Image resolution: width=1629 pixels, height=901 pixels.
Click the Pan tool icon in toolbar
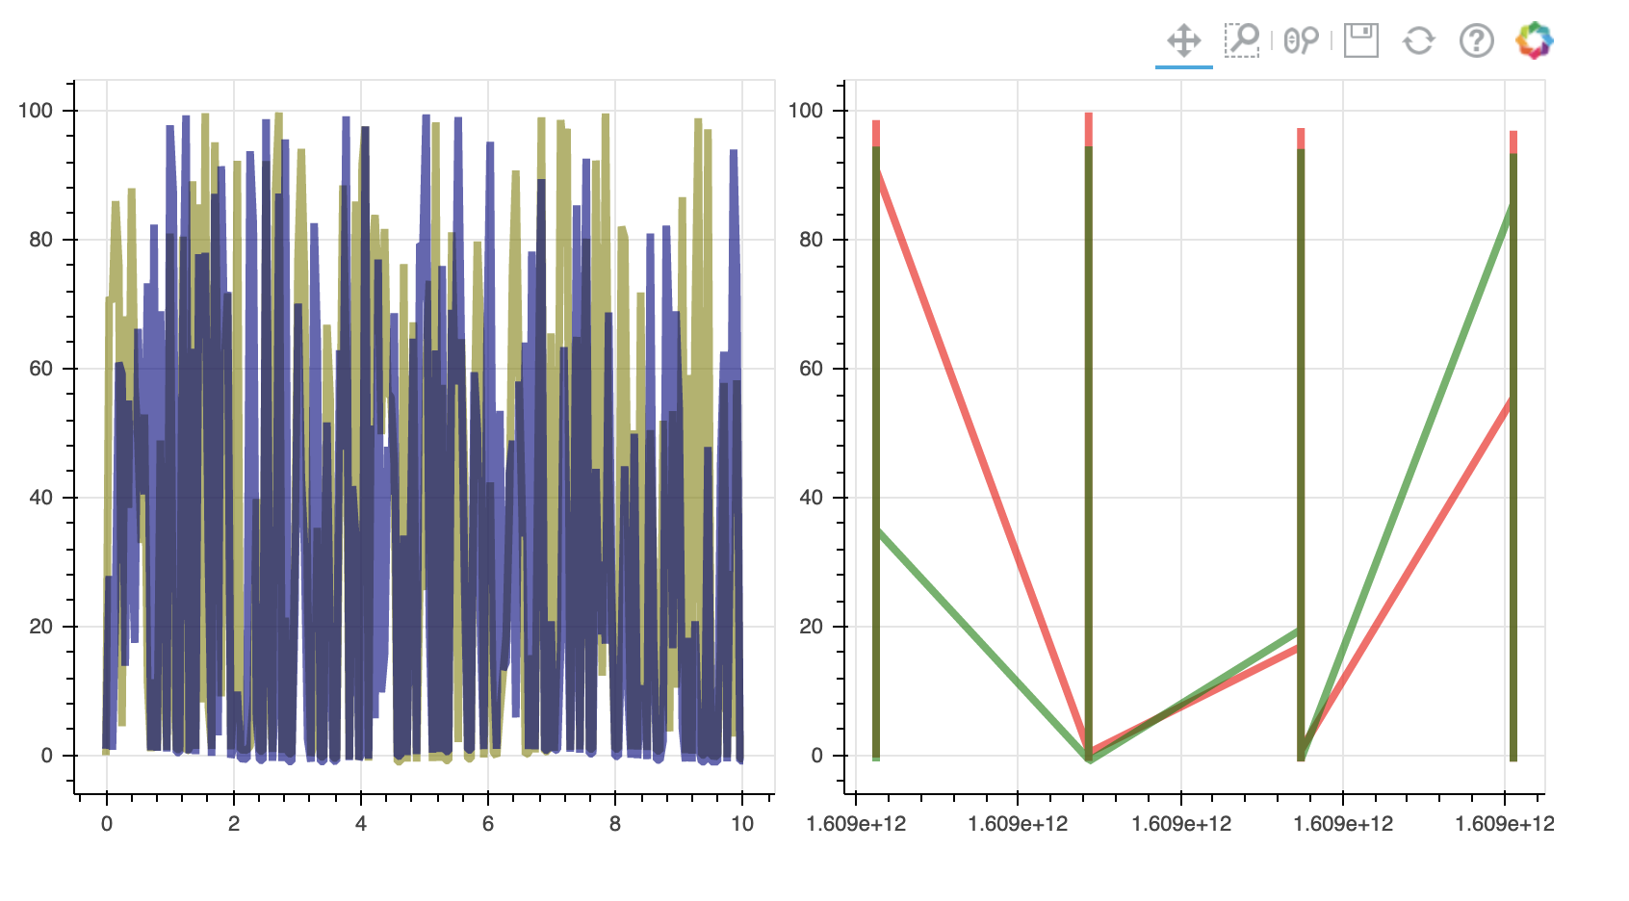click(1183, 40)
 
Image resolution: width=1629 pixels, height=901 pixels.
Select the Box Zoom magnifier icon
click(1242, 40)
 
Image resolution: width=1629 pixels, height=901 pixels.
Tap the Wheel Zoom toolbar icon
click(1301, 40)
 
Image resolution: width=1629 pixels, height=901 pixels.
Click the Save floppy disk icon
click(1360, 40)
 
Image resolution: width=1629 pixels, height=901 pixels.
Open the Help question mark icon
click(1476, 40)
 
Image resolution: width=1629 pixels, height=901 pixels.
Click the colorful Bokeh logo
click(1535, 40)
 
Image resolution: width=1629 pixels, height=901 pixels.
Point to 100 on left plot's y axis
click(36, 111)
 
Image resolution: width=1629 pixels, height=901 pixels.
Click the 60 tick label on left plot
click(40, 369)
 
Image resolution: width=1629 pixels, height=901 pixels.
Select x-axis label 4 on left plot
click(361, 824)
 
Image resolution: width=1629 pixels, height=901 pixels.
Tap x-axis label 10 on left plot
click(742, 824)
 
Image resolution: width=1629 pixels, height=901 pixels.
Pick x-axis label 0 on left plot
click(107, 824)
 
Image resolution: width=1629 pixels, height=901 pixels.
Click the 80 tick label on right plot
click(811, 240)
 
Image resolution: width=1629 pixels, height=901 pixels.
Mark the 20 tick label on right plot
click(811, 627)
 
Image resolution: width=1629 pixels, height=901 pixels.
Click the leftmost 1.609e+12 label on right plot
click(856, 824)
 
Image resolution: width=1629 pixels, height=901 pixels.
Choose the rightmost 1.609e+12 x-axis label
click(1504, 824)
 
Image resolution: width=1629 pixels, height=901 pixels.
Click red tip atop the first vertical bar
click(876, 133)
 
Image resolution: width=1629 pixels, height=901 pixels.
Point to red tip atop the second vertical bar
click(1089, 128)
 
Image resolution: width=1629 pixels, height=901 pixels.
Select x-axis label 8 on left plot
click(615, 824)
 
